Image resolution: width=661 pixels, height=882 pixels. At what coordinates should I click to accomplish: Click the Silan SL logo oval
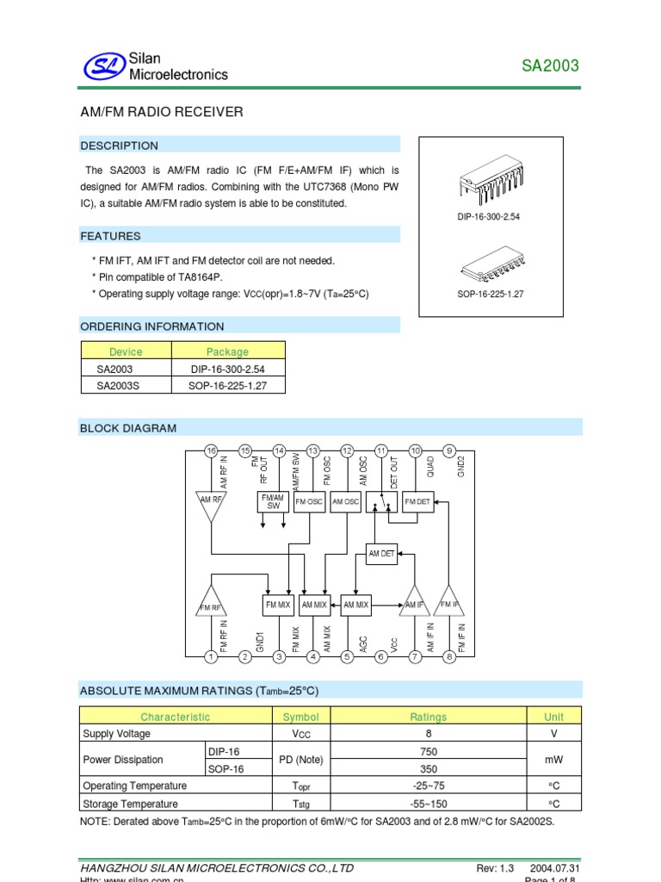pos(104,65)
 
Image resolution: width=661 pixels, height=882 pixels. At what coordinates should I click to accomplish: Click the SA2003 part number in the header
pos(551,66)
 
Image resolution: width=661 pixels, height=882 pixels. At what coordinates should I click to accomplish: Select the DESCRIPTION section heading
pos(120,146)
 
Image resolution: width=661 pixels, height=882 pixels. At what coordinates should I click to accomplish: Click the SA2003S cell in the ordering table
pos(118,386)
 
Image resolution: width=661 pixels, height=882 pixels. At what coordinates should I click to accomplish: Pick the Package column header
pos(227,351)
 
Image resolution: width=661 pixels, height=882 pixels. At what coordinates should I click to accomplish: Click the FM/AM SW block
pos(273,501)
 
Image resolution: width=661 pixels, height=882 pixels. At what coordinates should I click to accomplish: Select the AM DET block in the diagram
pos(381,554)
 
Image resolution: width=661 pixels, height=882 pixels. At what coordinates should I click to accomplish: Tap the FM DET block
pos(417,501)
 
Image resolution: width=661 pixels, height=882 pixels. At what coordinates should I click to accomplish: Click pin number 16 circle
pos(211,450)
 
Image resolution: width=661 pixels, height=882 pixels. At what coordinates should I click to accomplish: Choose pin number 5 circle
pos(348,657)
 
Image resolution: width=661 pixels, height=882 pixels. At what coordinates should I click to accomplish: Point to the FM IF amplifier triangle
pos(449,602)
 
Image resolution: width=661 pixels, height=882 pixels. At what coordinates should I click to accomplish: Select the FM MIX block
pos(277,605)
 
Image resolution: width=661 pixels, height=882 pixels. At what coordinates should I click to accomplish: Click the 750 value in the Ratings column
pos(428,751)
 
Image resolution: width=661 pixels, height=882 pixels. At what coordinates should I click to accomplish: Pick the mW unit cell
pos(553,760)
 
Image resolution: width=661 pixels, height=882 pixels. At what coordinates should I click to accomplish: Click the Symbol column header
pos(300,717)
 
